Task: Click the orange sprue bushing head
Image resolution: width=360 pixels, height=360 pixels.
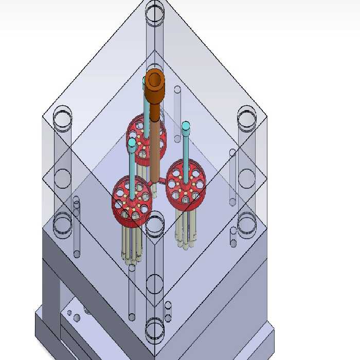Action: pos(154,81)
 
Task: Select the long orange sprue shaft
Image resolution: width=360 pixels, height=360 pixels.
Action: pos(154,144)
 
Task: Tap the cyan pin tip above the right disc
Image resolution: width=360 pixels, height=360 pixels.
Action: pos(186,125)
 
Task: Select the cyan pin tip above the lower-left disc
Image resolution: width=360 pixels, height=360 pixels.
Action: pos(132,142)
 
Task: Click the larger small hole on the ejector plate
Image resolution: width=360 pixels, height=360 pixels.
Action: pos(77,318)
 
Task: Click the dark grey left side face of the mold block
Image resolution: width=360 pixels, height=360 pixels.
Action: pos(51,288)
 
